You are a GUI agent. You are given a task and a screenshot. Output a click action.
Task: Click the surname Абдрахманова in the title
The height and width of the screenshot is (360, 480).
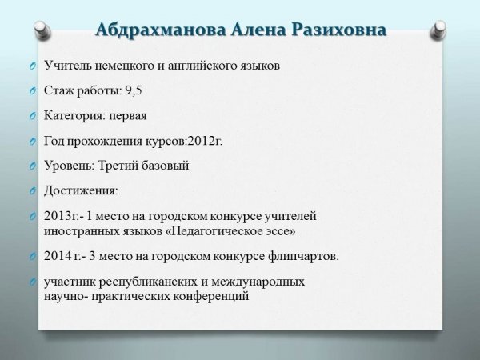tap(161, 30)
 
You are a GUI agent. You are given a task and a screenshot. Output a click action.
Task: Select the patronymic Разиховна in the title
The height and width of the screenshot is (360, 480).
tap(339, 30)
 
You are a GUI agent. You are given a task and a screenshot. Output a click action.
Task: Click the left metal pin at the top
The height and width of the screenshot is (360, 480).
tap(42, 30)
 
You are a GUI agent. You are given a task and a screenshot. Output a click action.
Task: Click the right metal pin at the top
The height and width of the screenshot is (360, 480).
tap(438, 30)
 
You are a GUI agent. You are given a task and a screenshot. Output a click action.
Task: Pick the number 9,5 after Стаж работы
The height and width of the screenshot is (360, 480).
tap(134, 90)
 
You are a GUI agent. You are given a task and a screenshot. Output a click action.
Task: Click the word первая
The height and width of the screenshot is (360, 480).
tap(128, 116)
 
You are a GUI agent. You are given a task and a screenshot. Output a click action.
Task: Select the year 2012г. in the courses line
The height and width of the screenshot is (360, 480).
tap(205, 141)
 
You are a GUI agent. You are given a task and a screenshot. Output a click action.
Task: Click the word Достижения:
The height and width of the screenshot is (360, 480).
tap(81, 191)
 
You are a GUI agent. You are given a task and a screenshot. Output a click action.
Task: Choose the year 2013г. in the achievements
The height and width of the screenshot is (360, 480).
tap(62, 216)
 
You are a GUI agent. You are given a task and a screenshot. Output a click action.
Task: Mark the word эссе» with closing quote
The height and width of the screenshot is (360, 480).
tap(282, 232)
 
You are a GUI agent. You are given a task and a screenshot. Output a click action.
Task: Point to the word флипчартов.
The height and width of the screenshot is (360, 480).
tap(304, 257)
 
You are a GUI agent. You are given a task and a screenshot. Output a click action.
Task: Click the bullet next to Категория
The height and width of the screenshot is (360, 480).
tap(33, 116)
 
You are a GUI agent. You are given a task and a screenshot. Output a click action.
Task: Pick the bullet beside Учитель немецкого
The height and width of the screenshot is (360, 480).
tap(33, 66)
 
